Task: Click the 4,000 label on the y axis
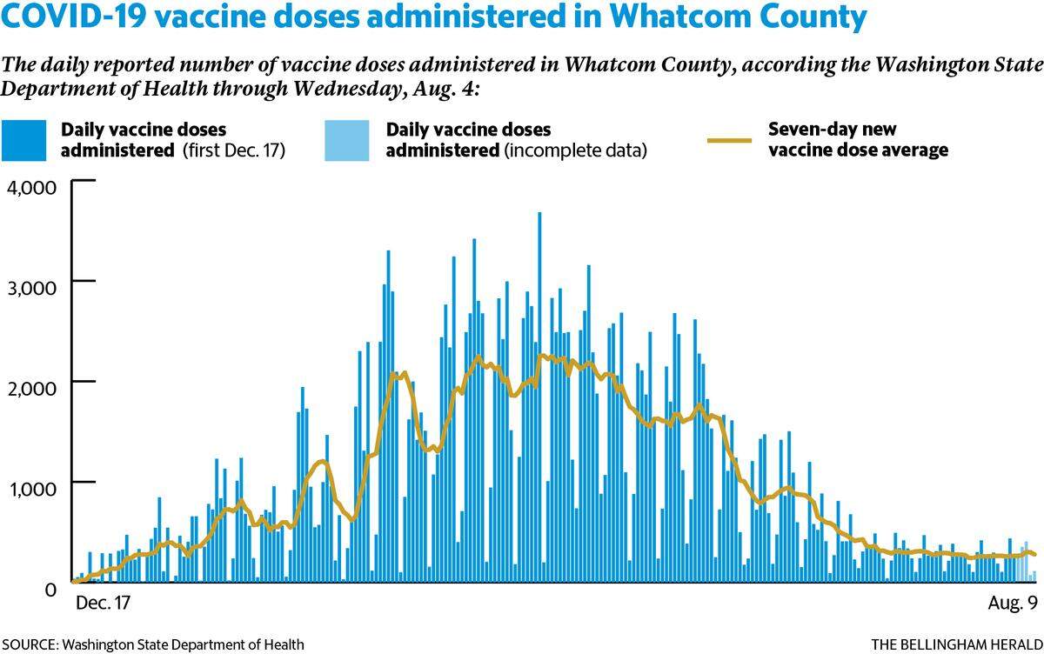pos(31,188)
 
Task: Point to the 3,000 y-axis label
pos(31,288)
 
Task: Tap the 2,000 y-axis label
pos(31,388)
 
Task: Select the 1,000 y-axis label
pos(31,489)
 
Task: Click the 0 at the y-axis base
pos(50,590)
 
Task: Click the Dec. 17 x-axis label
pos(103,604)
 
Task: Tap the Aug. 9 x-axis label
pos(1013,604)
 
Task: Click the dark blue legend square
pos(23,141)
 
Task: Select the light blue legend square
pos(347,141)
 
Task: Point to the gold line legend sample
pos(729,140)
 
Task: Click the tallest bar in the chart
pos(539,397)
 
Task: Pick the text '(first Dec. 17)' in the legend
pos(234,150)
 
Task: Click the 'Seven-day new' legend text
pos(832,130)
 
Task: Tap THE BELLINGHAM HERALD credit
pos(957,644)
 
